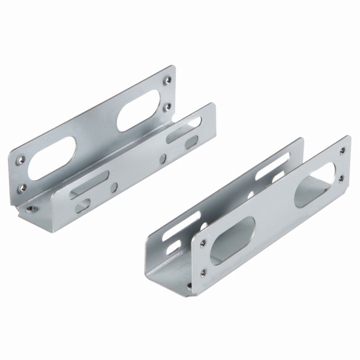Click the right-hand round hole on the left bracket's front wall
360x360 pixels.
(x=163, y=159)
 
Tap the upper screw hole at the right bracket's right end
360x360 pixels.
(x=343, y=147)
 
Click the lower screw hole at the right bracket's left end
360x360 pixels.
(x=202, y=271)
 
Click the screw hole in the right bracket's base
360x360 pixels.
(x=191, y=287)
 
